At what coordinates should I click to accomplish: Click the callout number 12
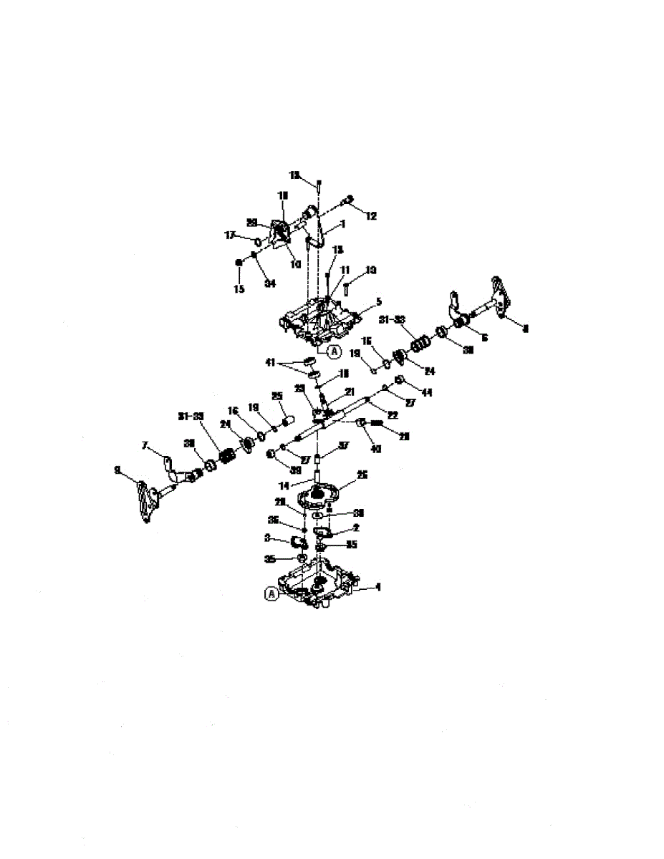coord(371,215)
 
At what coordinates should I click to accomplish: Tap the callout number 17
coord(231,235)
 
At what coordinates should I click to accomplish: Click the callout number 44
coord(428,393)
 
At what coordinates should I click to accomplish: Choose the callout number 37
coord(344,445)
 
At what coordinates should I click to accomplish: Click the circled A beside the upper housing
coord(334,351)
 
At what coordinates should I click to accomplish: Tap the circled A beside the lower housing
coord(271,593)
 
